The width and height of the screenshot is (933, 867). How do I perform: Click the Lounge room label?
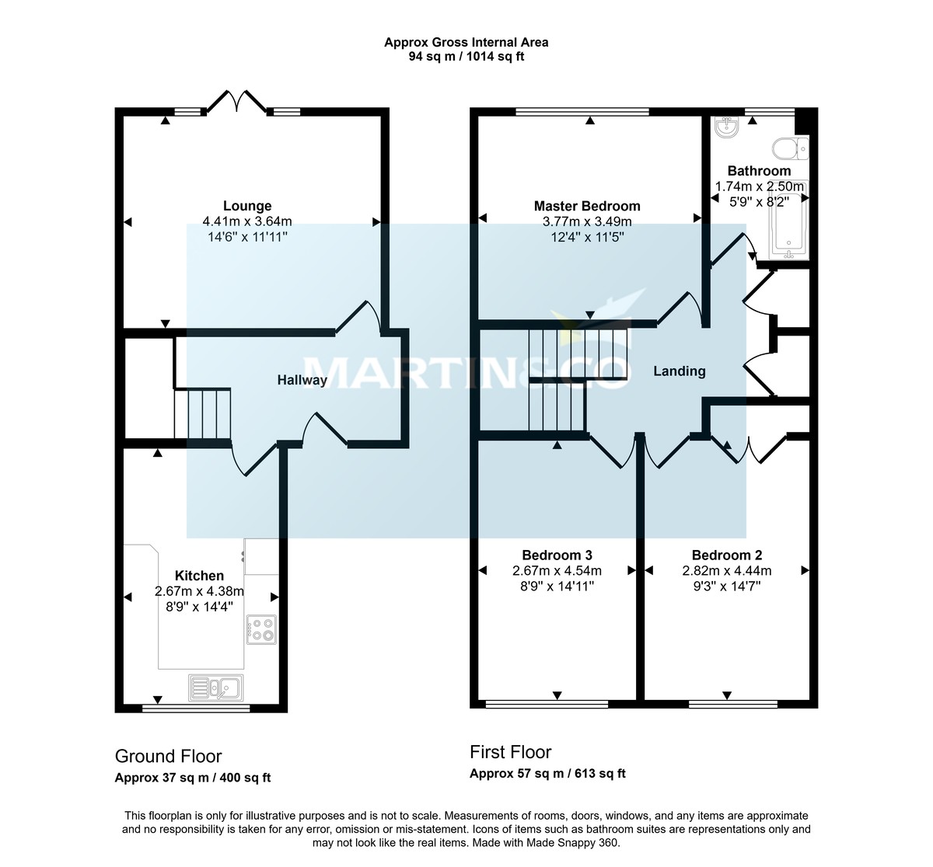(x=247, y=206)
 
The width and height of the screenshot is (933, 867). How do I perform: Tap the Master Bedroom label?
(x=587, y=206)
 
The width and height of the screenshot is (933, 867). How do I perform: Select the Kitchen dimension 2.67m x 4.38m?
(x=199, y=591)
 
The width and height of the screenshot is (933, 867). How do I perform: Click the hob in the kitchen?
(x=261, y=629)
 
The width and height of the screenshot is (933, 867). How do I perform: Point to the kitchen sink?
(x=215, y=687)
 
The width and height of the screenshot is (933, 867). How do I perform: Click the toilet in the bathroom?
(x=791, y=148)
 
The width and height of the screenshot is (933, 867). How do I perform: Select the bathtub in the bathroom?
(x=788, y=221)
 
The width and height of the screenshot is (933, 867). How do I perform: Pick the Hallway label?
(x=302, y=380)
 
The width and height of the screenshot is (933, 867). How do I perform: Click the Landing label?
(x=679, y=371)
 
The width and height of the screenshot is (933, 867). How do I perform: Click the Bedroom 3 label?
(x=557, y=555)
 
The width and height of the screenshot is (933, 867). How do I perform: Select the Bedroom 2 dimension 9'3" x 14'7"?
(x=726, y=586)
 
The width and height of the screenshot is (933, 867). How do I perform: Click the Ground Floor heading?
(x=168, y=756)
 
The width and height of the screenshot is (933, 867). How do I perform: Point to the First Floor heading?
(x=510, y=752)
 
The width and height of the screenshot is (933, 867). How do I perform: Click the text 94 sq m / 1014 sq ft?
(x=466, y=57)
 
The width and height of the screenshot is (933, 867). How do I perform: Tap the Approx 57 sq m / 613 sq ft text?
(x=547, y=773)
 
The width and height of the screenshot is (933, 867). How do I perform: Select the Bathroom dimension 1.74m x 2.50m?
(x=759, y=186)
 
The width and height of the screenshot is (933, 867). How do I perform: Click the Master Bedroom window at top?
(x=582, y=112)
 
